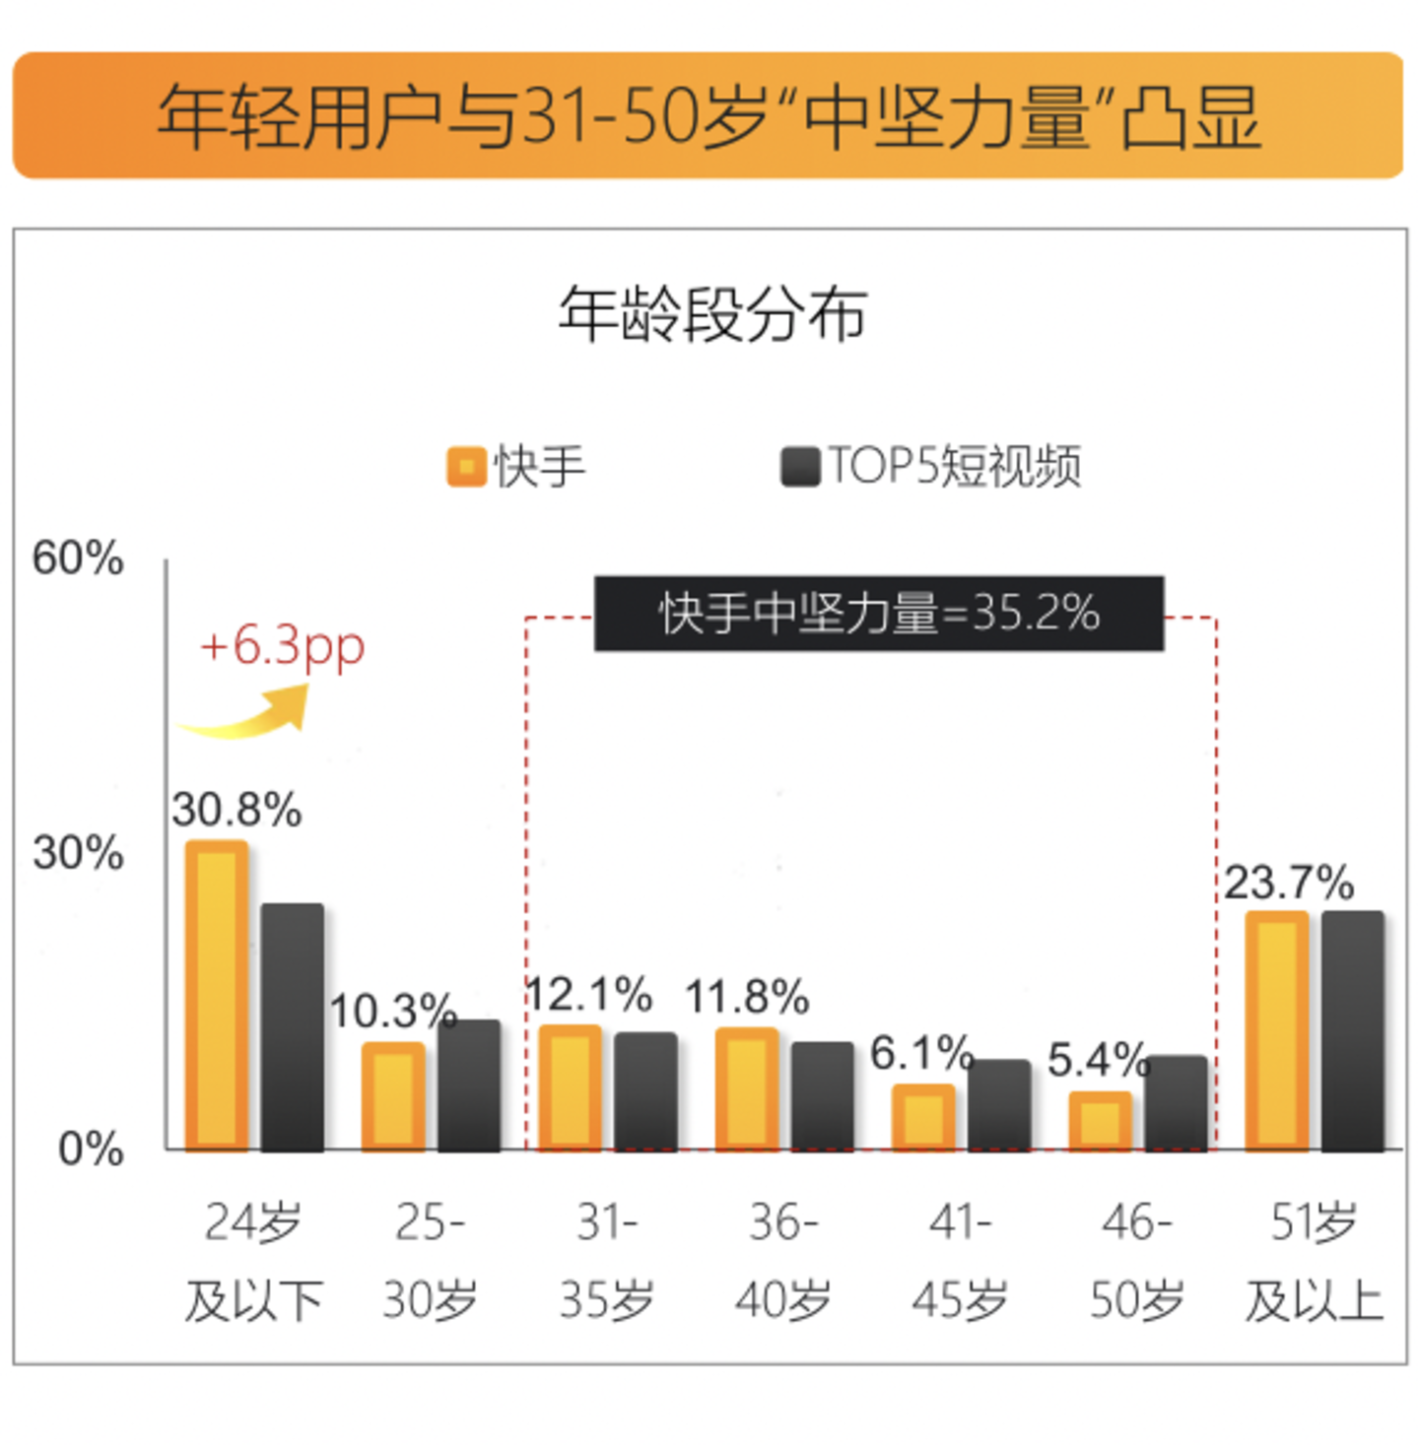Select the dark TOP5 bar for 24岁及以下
click(292, 1026)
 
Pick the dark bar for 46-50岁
click(1176, 1102)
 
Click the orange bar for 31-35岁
click(571, 1087)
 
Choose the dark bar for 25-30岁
click(469, 1084)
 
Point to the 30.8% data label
click(236, 810)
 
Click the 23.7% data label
click(1289, 882)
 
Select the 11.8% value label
click(747, 997)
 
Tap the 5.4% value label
click(1098, 1060)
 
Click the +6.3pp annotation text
click(282, 646)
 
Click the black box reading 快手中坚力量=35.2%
click(878, 613)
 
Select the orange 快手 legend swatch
click(466, 466)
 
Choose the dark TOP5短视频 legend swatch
click(800, 466)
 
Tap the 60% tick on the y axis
click(78, 558)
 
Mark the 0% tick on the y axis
click(91, 1149)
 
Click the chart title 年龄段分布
click(712, 314)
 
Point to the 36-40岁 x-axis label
click(782, 1261)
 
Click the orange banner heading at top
click(708, 115)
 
